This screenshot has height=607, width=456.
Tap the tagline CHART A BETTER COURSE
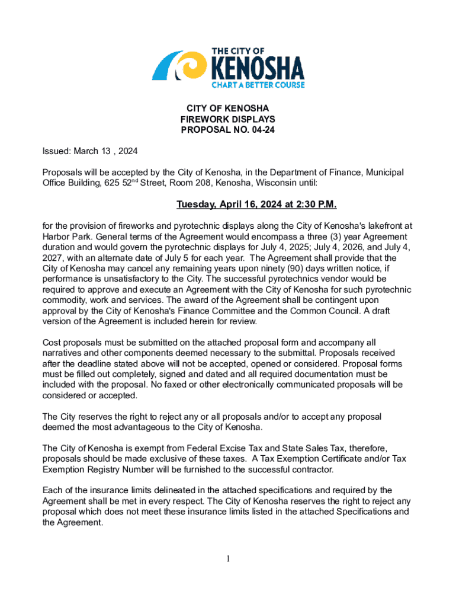coord(258,85)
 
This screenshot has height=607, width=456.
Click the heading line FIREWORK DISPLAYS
coord(228,119)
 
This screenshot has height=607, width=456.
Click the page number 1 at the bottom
coord(228,558)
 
